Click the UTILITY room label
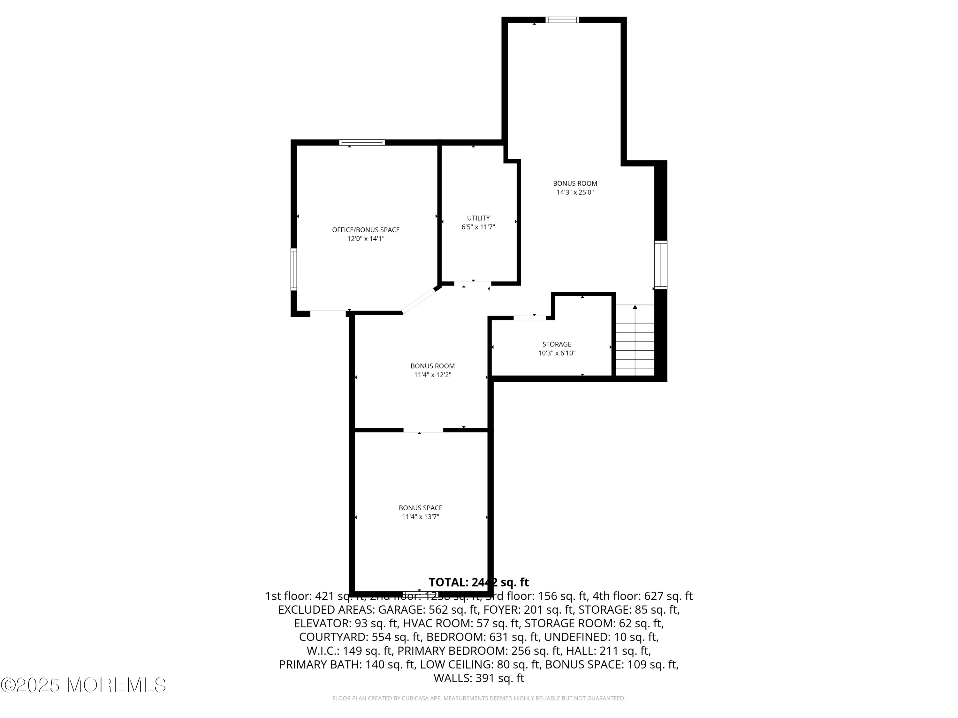[x=478, y=218]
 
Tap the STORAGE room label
[x=557, y=344]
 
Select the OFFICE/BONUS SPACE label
[x=366, y=230]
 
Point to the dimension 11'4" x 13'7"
[x=420, y=517]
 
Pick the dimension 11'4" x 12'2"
[x=432, y=375]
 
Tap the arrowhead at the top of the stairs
[x=635, y=307]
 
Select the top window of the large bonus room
[x=562, y=19]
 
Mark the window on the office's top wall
[x=361, y=142]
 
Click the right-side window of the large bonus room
[x=660, y=265]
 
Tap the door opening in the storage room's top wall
[x=529, y=318]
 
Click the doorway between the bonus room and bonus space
[x=423, y=430]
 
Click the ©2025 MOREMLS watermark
[x=83, y=685]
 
